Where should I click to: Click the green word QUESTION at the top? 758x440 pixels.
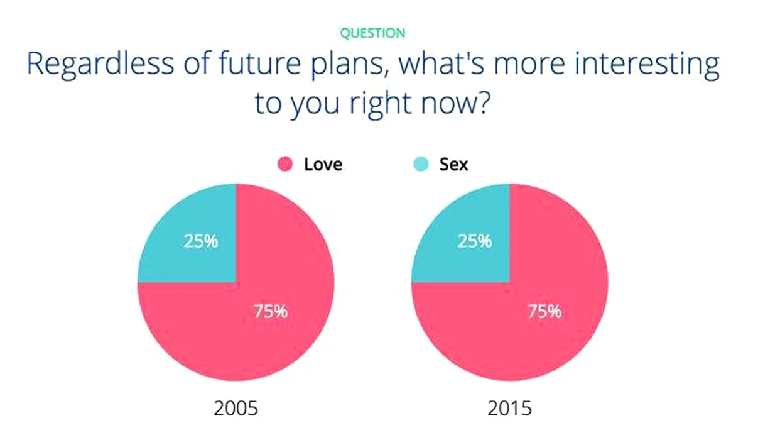pos(372,33)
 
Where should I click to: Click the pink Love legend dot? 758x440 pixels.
pos(285,164)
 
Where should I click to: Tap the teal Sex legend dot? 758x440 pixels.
pos(421,164)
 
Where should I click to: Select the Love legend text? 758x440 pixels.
pos(323,165)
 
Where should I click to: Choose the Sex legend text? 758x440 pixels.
pos(453,165)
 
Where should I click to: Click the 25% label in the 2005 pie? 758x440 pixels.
pos(201,241)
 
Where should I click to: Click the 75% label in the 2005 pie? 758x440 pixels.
pos(271,311)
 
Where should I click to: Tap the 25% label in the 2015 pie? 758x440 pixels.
pos(474,241)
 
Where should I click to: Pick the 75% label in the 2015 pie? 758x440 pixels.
pos(544,311)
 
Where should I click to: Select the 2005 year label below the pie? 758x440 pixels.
pos(236,408)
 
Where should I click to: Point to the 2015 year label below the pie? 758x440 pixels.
pos(509,408)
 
